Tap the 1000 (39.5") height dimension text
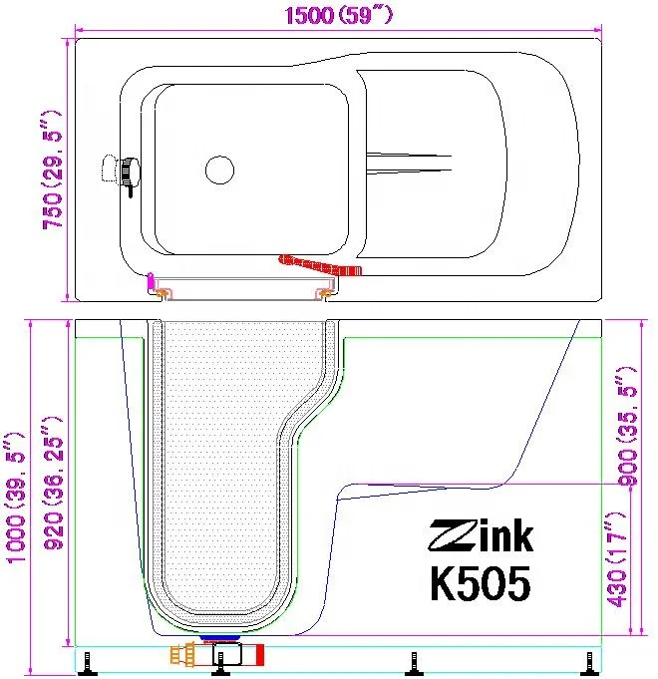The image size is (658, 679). coord(17,498)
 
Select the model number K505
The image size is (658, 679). coord(480,582)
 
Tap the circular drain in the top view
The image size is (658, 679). coord(219,170)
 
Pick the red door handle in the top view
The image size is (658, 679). coord(320,265)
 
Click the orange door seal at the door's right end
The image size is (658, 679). coord(325,292)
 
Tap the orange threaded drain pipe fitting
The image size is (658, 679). coord(184,656)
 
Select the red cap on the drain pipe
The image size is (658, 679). coord(260,655)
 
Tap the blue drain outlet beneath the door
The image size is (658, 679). coord(220,634)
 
